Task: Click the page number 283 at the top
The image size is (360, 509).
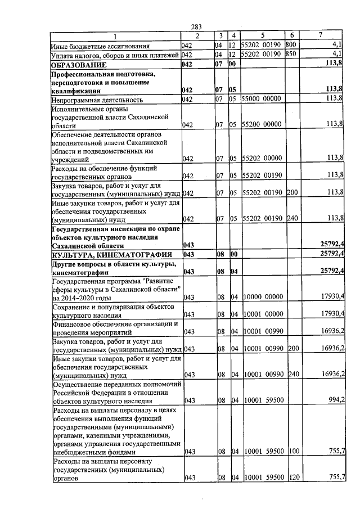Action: [x=196, y=27]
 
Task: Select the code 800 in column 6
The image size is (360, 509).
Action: [x=290, y=45]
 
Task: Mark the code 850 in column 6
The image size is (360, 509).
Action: [x=290, y=55]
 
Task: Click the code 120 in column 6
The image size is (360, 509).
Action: [x=292, y=478]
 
